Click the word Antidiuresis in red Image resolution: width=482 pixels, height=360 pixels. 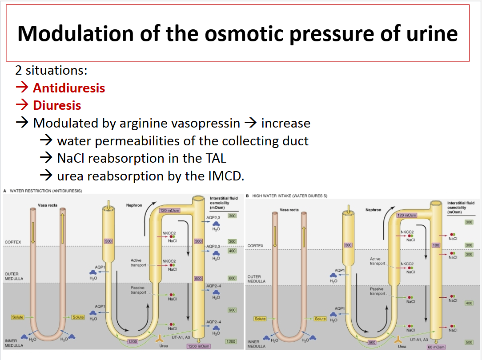(x=69, y=88)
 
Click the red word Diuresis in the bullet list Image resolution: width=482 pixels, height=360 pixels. (x=57, y=105)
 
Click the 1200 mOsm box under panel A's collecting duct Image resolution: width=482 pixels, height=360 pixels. (x=198, y=346)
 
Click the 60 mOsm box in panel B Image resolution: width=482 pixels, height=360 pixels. (x=436, y=347)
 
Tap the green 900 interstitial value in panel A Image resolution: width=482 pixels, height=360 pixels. (x=232, y=310)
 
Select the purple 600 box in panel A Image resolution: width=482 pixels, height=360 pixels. (x=198, y=279)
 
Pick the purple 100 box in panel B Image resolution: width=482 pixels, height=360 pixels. (x=436, y=245)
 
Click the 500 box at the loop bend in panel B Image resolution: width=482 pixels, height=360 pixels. (x=373, y=342)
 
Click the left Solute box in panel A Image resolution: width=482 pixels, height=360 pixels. (x=18, y=317)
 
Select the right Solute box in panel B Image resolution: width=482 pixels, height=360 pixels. (x=320, y=319)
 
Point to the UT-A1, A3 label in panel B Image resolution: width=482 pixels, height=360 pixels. (x=418, y=339)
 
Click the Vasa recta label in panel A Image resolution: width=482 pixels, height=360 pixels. (x=48, y=205)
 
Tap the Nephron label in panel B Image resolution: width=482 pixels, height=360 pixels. (x=373, y=210)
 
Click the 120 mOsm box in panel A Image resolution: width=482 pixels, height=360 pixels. (x=169, y=210)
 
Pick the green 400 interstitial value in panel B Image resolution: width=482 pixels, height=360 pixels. (x=469, y=303)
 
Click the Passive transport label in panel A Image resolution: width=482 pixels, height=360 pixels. (x=138, y=290)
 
